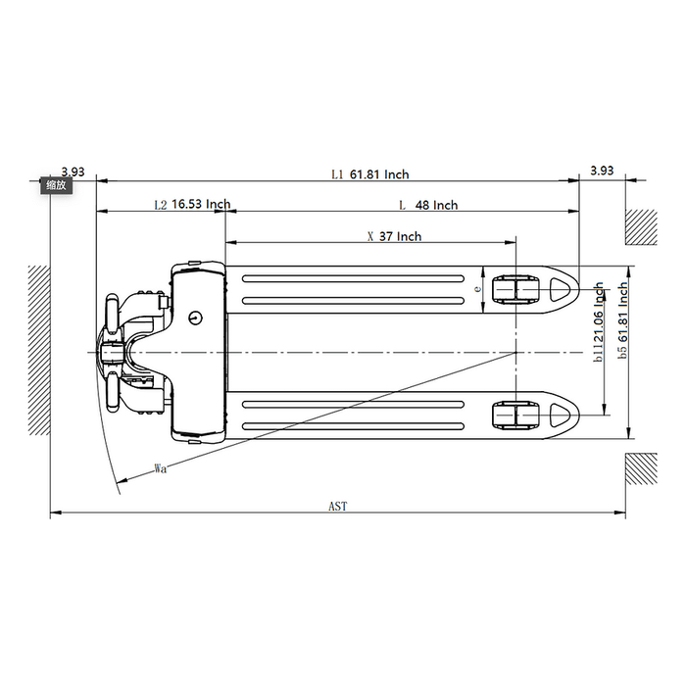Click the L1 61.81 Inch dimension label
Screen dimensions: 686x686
[x=369, y=174]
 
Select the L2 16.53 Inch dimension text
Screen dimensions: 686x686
[x=192, y=205]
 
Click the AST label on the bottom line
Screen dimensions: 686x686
[x=338, y=507]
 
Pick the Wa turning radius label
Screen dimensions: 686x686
[x=160, y=468]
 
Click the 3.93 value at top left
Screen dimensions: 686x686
[x=73, y=171]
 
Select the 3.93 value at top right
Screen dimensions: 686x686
[x=602, y=171]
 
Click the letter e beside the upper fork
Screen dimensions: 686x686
[x=477, y=289]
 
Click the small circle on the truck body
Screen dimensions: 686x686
[x=195, y=317]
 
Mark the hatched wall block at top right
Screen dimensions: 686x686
[x=642, y=227]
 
